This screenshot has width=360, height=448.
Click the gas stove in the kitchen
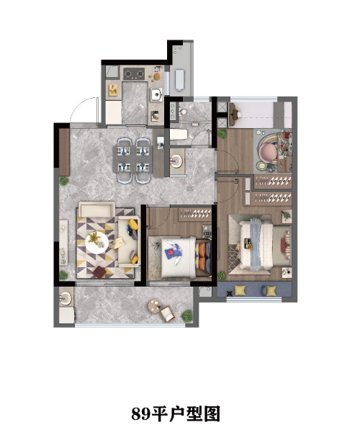point(134,74)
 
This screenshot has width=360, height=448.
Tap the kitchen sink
point(156,94)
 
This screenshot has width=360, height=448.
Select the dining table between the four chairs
point(133,159)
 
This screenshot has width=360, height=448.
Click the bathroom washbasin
point(177,161)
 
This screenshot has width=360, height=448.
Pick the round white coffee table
point(96,242)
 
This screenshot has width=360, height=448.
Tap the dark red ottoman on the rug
point(99,272)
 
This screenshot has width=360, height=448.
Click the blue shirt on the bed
point(173,251)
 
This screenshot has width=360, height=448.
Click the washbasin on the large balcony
point(66,298)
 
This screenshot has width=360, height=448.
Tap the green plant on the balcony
point(187,315)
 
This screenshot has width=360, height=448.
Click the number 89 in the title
point(140,413)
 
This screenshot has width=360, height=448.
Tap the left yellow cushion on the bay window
point(240,290)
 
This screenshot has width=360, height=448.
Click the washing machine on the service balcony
point(179,80)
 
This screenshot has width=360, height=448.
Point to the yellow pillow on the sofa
point(133,224)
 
